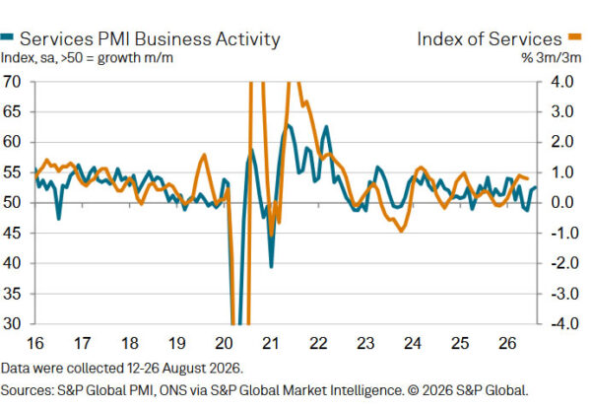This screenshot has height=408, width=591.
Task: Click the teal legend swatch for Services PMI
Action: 7,36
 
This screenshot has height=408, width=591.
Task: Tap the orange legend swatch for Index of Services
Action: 575,36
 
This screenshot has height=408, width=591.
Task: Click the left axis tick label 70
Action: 11,82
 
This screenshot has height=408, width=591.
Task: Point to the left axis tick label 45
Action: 11,233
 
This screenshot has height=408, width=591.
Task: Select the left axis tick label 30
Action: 11,323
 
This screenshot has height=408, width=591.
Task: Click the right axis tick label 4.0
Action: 562,82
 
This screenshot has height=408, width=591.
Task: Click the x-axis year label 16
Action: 35,343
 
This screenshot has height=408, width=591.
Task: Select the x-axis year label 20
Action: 224,343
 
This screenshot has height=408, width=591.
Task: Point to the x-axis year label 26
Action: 507,343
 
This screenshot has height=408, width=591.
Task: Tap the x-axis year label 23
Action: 365,343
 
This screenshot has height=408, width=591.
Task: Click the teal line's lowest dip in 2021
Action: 271,267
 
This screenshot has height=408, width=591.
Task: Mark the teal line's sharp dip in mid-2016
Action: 58,219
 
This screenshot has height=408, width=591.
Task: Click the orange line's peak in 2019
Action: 204,155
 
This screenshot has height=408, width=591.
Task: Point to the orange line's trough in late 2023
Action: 401,231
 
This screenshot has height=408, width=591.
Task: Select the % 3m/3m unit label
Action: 551,58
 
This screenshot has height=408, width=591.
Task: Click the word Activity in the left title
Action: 248,39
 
